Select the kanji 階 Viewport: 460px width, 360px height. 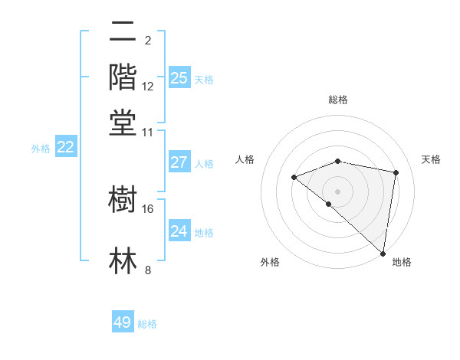pos(123,77)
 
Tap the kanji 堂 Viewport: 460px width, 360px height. pos(123,123)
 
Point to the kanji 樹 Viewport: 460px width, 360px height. pos(123,201)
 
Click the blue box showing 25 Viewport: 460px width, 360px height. pos(179,78)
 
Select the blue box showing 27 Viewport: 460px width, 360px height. pos(179,162)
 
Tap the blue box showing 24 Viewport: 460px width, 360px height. pos(179,231)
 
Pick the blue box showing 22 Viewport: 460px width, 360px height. pos(65,148)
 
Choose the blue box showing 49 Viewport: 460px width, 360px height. pos(123,322)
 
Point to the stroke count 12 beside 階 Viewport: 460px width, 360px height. pos(148,86)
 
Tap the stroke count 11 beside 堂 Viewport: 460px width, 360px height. pos(148,132)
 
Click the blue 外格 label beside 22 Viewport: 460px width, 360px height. pos(40,149)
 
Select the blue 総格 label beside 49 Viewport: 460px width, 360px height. pos(147,324)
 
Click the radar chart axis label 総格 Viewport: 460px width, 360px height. pos(338,100)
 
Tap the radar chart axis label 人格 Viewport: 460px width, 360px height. pos(245,159)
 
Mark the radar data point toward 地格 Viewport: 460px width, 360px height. pos(383,253)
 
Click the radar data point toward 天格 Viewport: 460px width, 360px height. pos(396,172)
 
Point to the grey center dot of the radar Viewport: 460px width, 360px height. pos(338,191)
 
